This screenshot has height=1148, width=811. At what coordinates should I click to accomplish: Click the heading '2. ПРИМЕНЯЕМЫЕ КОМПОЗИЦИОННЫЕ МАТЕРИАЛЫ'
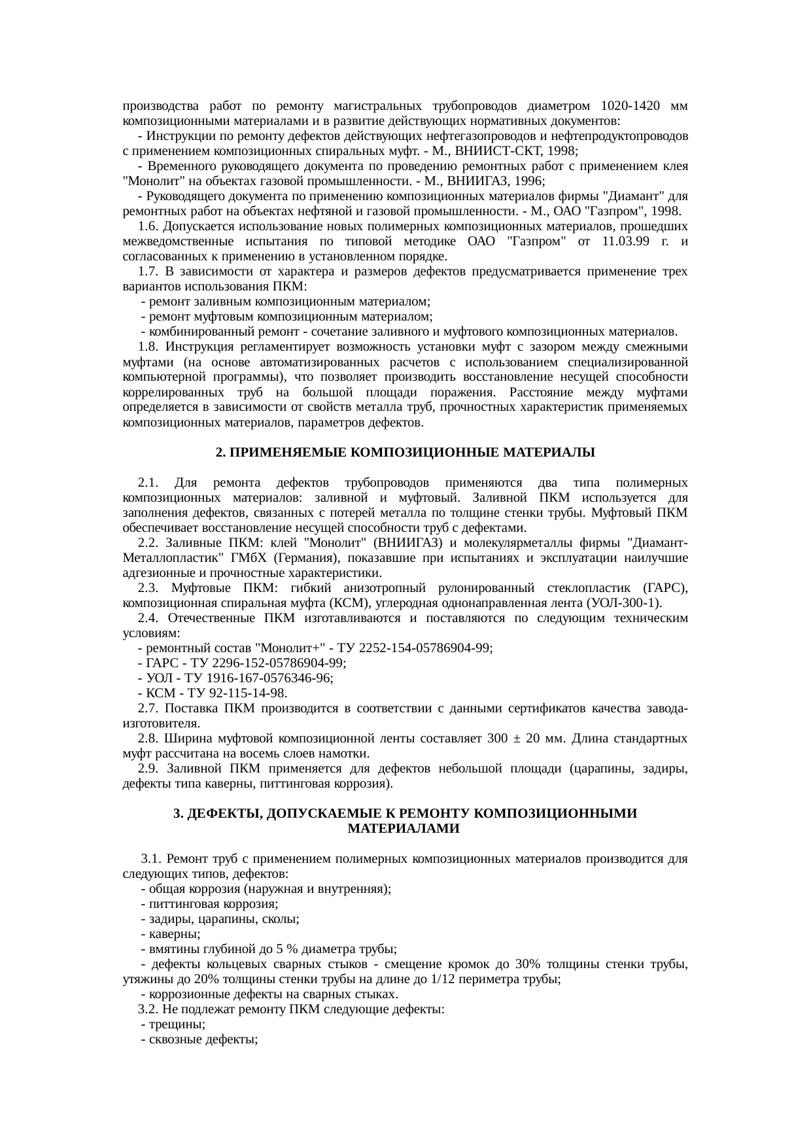[405, 453]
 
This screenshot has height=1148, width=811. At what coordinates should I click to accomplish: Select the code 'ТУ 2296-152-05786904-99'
[269, 663]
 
